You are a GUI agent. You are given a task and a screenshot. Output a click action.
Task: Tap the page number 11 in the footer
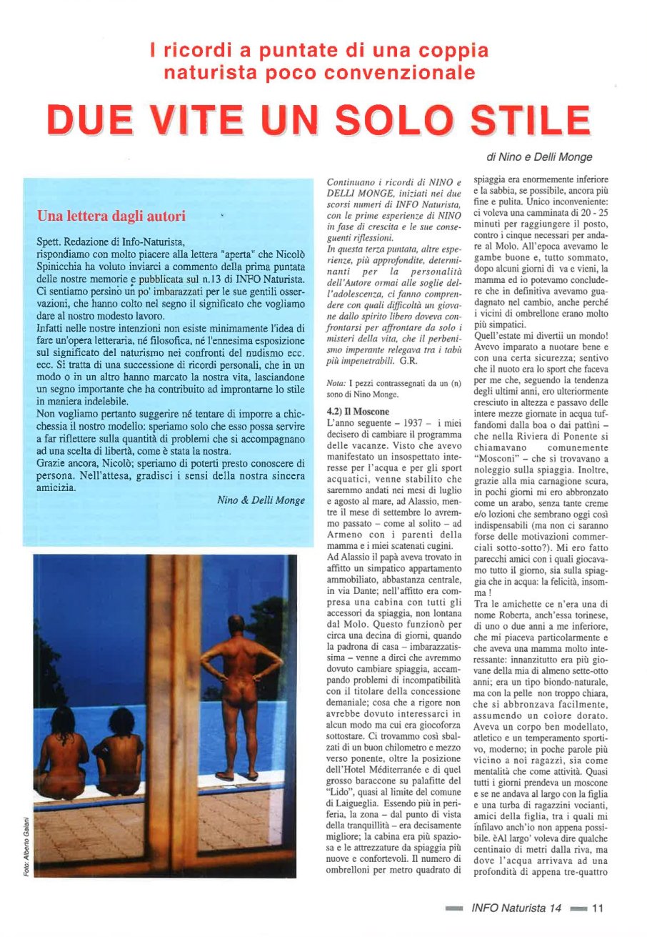point(598,908)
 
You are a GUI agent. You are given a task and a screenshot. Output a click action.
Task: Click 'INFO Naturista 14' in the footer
point(516,908)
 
